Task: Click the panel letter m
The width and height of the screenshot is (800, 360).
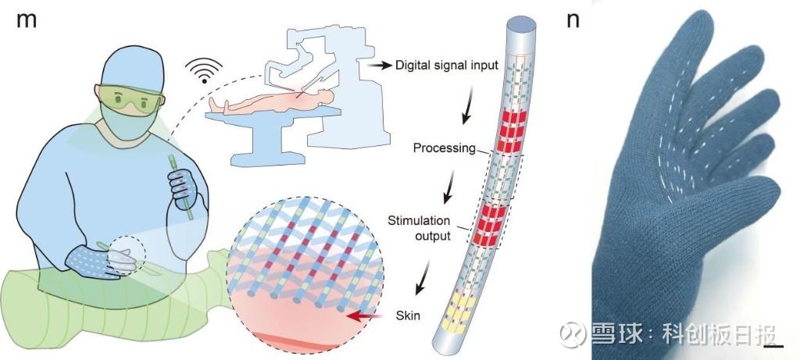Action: pos(27,21)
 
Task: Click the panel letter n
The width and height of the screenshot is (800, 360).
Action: pos(573,21)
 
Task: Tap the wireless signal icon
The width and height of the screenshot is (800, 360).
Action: pos(204,70)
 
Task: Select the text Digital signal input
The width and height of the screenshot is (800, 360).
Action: pos(447,66)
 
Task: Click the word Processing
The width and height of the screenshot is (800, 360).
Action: pos(444,148)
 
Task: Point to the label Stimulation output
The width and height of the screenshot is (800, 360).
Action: pos(419,229)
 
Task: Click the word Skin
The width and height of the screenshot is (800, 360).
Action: pos(408,315)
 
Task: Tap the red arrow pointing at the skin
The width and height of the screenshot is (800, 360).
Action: pos(364,317)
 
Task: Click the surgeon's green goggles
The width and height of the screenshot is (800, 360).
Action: pos(130,101)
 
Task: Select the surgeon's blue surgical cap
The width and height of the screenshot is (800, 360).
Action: pos(131,66)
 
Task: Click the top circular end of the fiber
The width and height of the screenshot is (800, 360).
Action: pos(520,23)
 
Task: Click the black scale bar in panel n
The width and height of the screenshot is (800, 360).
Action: pos(773,348)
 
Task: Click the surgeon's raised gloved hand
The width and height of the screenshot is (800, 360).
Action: pos(183,189)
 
